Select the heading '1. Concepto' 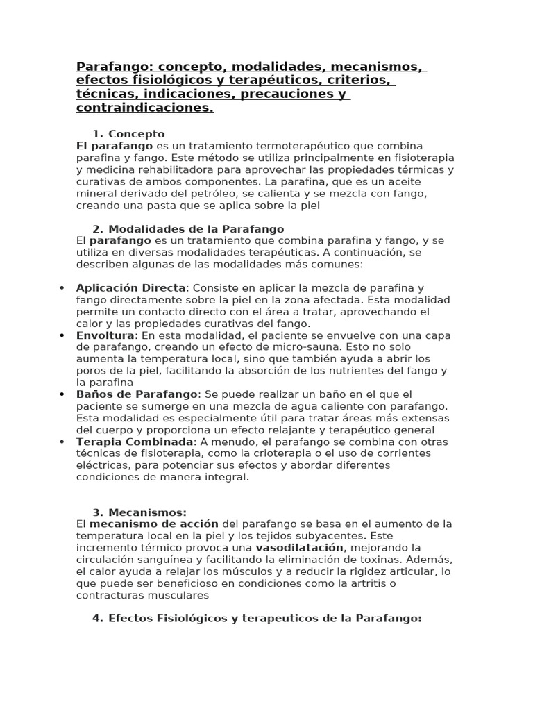tap(128, 134)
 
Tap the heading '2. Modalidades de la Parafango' tap(188, 229)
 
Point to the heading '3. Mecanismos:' tap(139, 512)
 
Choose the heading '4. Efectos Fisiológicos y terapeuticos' tap(257, 619)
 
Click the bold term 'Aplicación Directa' tap(131, 287)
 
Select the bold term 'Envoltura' tap(105, 335)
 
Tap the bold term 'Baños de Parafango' tap(137, 394)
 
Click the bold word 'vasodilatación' tap(300, 548)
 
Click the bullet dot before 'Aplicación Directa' tap(62, 288)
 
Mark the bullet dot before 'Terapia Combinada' tap(62, 442)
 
